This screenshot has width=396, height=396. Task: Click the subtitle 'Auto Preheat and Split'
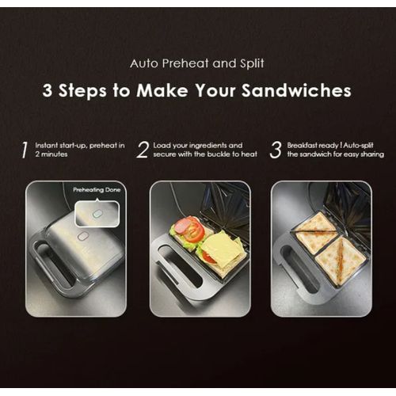(x=197, y=61)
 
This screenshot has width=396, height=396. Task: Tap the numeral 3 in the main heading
(x=48, y=90)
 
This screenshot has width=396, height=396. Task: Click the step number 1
(x=25, y=150)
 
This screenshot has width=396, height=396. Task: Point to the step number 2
(x=143, y=150)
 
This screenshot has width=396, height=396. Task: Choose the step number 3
(x=275, y=150)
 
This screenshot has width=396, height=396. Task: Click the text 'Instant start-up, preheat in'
(x=79, y=145)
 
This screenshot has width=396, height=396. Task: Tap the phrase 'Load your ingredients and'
(x=197, y=145)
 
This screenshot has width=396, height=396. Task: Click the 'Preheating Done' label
(x=95, y=191)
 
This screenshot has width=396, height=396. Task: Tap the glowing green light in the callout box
(x=97, y=213)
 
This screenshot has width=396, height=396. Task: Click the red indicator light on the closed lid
(x=82, y=235)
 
